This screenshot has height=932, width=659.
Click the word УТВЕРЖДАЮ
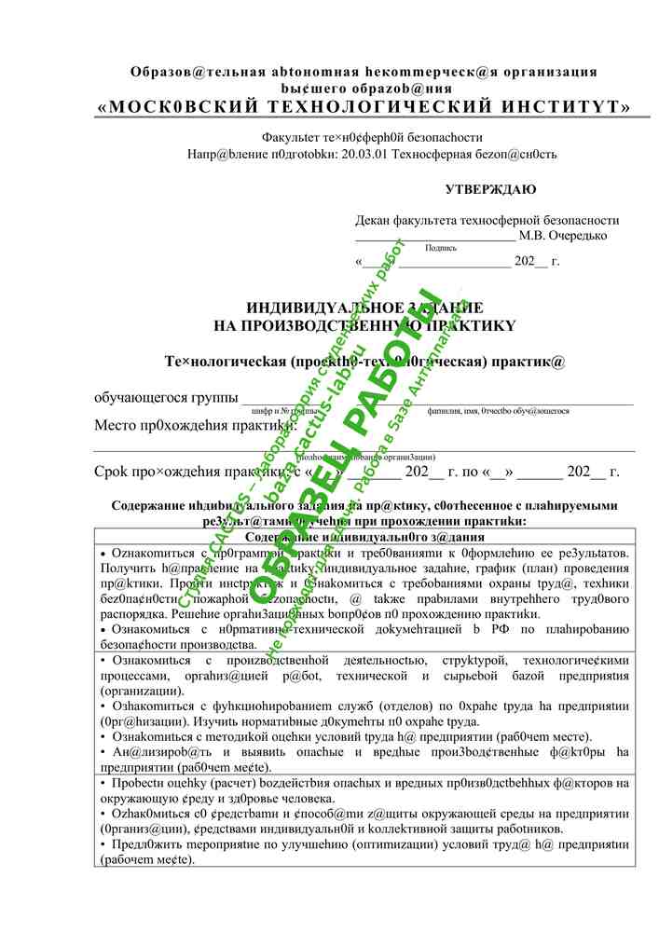pyautogui.click(x=490, y=190)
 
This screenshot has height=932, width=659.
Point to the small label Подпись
pyautogui.click(x=440, y=248)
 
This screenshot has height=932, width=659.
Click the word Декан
pyautogui.click(x=374, y=221)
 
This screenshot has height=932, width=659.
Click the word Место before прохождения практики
pyautogui.click(x=115, y=427)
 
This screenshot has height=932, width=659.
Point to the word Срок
pyautogui.click(x=114, y=472)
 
